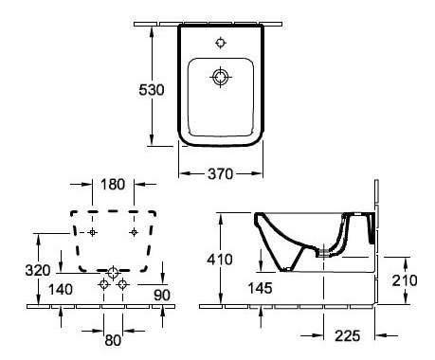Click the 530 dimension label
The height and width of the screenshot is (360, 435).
pos(152,90)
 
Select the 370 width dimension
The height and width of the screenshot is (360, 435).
pos(220,173)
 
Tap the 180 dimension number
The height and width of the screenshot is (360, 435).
pos(113,185)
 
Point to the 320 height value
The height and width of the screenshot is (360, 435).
pos(38,270)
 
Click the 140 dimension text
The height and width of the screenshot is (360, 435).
pos(61,289)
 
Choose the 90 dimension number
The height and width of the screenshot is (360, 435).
pos(162,295)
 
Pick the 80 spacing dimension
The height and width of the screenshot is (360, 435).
pos(113,340)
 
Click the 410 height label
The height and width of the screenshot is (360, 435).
pos(220,260)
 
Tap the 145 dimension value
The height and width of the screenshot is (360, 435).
pos(260,288)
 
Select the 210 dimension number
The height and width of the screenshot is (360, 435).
pos(405,280)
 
